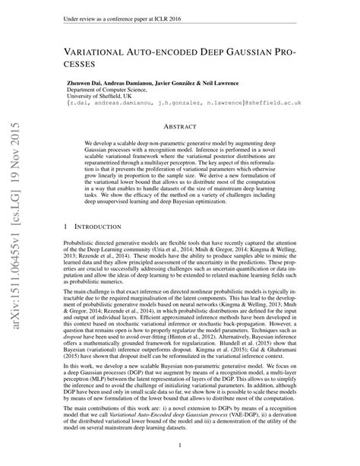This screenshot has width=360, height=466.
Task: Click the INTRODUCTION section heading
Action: click(104, 227)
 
